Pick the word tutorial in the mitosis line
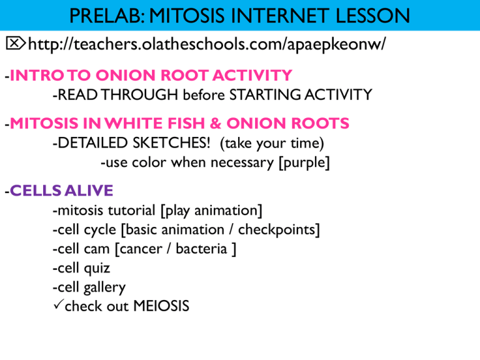coord(131,211)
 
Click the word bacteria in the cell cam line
coord(200,249)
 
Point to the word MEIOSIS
coord(159,307)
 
